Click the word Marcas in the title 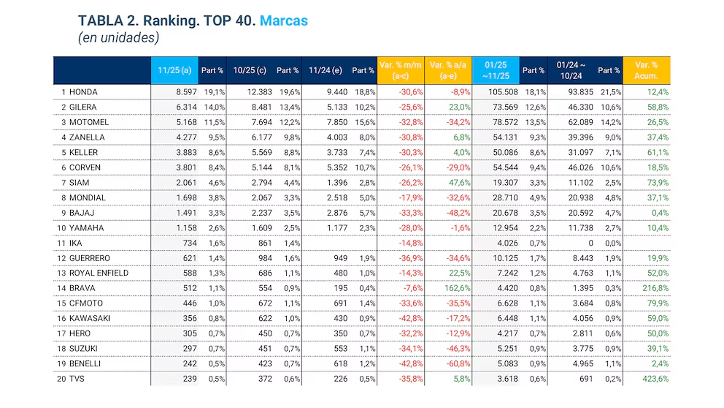[284, 21]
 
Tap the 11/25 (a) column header [174, 70]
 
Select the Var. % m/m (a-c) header [401, 70]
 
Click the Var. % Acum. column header [647, 70]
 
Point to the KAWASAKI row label [91, 318]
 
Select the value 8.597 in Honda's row [187, 92]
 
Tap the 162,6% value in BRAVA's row [455, 288]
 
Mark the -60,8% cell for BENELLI [455, 363]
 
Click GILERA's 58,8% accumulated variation [655, 107]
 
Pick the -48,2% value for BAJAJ [455, 213]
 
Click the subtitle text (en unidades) [118, 37]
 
